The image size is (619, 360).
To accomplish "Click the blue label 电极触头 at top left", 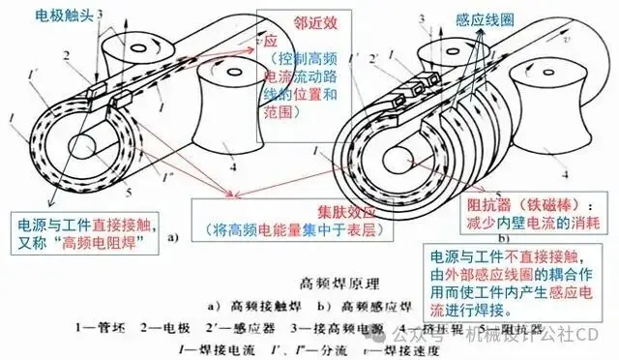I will pyautogui.click(x=68, y=15).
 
